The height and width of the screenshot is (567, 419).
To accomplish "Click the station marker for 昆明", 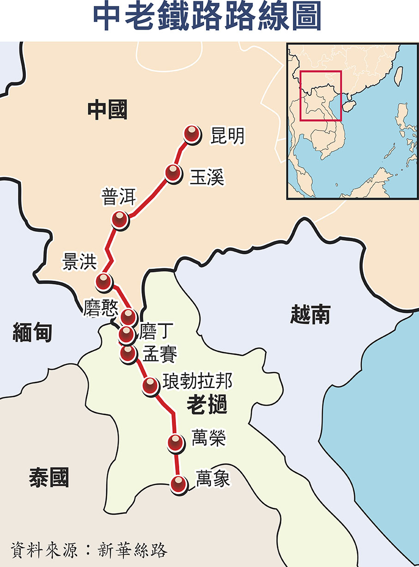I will point(192,134).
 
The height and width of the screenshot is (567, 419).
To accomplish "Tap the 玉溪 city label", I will point(206,177).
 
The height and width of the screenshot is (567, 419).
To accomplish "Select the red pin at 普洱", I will point(120,219).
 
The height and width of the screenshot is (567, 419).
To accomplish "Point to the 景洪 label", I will point(79,262).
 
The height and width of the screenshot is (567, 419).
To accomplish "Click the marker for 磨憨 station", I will point(128,316).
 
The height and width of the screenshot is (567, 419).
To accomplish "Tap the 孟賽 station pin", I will point(128,353).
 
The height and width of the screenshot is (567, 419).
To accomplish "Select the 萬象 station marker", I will point(178,484).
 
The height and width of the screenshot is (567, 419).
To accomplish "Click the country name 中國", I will point(107,110).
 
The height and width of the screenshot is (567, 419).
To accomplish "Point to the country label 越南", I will point(310,315).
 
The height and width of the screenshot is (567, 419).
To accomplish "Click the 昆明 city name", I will point(227,136).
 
